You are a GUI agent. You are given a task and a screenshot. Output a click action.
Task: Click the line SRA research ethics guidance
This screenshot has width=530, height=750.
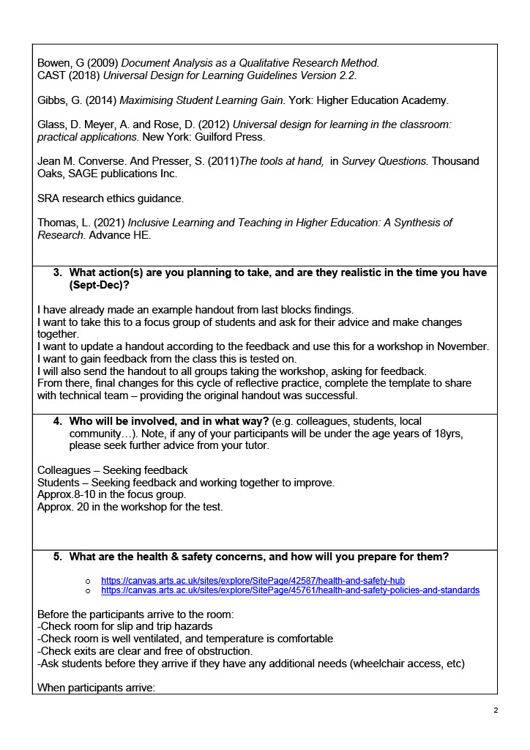point(111,198)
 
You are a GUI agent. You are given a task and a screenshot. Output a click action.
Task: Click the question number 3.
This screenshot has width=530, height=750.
point(57,272)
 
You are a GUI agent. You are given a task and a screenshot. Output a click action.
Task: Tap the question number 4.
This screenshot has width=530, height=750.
point(57,421)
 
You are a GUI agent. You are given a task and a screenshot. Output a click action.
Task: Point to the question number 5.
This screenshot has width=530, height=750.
point(57,557)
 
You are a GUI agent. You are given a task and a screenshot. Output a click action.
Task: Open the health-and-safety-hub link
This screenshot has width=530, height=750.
point(253,580)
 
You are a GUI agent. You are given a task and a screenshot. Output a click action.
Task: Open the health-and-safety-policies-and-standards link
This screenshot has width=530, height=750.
point(290,590)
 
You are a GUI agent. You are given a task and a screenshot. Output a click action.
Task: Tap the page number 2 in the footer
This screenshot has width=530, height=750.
point(496,710)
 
